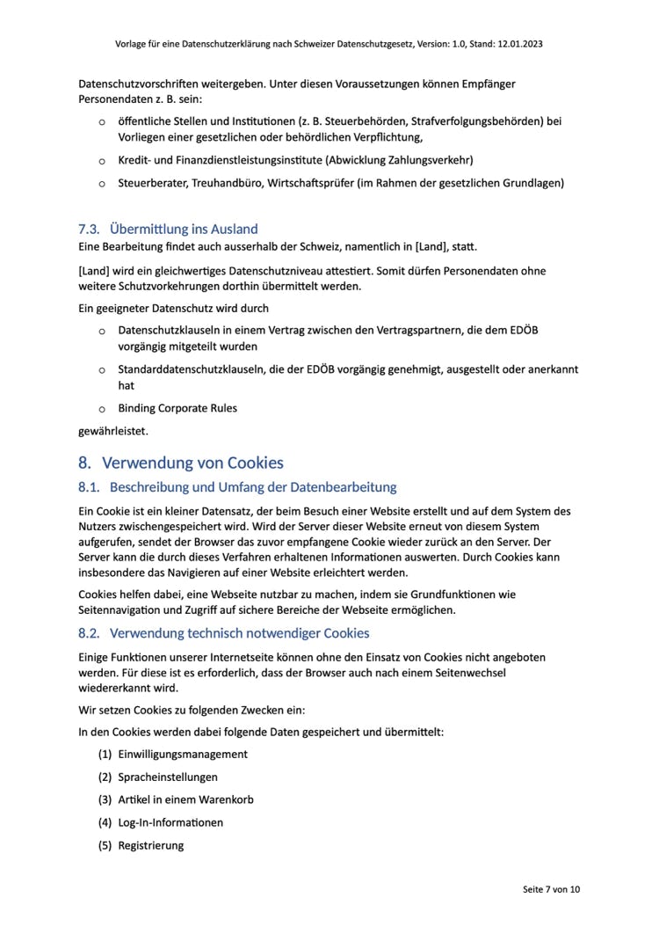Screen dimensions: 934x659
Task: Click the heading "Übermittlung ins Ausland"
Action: [184, 230]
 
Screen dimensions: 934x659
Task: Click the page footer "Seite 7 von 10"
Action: [551, 889]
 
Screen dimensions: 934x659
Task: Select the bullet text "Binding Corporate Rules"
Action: [177, 408]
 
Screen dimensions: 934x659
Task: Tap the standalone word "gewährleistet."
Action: [113, 431]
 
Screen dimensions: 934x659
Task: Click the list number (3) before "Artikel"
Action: [105, 799]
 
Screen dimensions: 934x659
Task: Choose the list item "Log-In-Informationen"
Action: [170, 822]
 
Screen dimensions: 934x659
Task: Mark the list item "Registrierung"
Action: [151, 845]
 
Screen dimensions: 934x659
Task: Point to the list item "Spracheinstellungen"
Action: [168, 777]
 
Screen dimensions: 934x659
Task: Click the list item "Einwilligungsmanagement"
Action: [183, 754]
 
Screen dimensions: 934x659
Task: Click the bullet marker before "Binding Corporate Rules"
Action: [101, 409]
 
